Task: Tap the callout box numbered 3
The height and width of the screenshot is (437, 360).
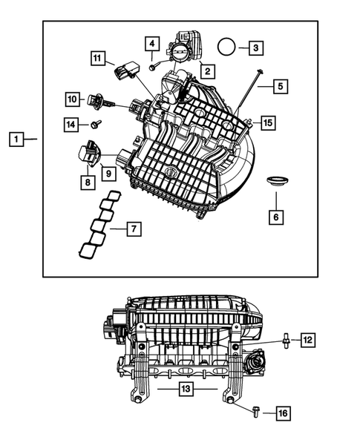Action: (255, 47)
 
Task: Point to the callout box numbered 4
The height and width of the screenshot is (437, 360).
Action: (151, 45)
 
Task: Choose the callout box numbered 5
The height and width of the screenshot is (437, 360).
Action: (279, 87)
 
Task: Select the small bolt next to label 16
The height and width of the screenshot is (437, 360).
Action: (256, 410)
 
